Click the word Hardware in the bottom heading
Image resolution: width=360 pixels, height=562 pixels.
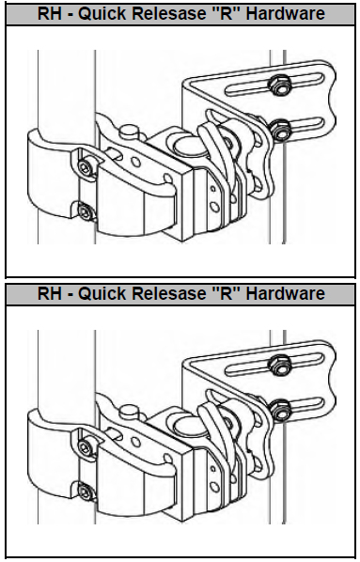point(286,293)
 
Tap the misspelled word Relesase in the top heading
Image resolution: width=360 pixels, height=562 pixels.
point(168,13)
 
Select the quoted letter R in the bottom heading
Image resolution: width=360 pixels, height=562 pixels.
point(226,293)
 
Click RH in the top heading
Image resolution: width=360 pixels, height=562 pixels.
point(50,13)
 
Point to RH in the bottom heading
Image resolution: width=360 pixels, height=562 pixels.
point(50,293)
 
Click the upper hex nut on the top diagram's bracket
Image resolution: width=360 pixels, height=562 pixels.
point(279,85)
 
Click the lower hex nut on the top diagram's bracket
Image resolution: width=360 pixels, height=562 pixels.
point(280,130)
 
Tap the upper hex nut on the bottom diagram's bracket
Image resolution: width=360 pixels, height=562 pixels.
point(279,365)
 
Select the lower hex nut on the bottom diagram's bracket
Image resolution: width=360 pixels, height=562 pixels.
point(280,410)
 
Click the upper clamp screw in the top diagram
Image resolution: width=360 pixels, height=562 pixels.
point(86,167)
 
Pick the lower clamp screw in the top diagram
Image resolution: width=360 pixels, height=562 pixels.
point(86,212)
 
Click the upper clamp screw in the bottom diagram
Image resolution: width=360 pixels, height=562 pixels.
point(86,447)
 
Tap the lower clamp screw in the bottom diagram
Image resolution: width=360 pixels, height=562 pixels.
point(86,492)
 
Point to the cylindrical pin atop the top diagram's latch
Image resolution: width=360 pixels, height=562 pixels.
point(129,132)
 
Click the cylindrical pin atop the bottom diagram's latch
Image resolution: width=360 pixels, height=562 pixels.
point(129,412)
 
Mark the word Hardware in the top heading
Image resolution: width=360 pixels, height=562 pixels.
point(286,13)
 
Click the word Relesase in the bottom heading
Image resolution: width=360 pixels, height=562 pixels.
point(168,293)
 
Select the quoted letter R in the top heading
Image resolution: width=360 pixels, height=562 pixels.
point(226,13)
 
